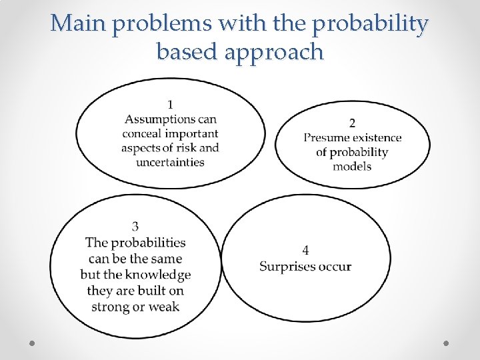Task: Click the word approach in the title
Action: [275, 53]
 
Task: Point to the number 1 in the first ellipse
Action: [171, 104]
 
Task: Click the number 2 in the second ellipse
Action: [353, 123]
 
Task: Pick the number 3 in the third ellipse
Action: [135, 227]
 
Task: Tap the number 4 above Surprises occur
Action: [305, 251]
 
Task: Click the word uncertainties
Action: [170, 162]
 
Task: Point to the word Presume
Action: [327, 138]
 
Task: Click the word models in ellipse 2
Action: [352, 166]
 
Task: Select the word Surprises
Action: [287, 267]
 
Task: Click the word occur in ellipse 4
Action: [335, 267]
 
